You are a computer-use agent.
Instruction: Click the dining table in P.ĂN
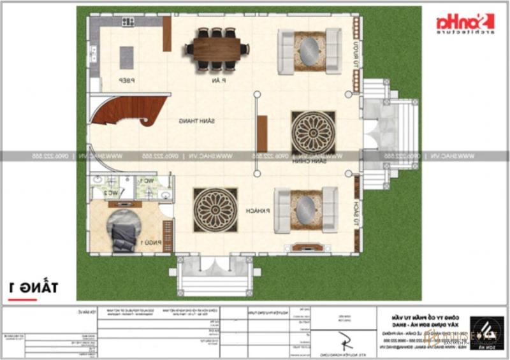tap(214, 48)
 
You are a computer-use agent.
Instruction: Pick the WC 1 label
tap(147, 181)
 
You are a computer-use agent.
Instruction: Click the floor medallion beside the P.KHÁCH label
tap(215, 210)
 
